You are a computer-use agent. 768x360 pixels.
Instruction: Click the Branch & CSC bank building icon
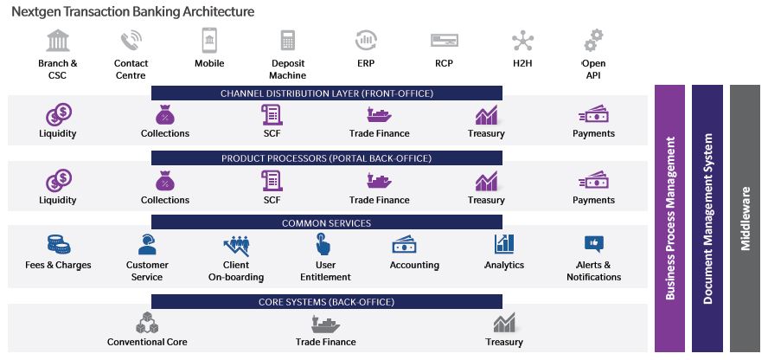(x=58, y=40)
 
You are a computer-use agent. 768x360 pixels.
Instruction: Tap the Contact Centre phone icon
(x=131, y=40)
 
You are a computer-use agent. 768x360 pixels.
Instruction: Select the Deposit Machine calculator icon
(x=288, y=40)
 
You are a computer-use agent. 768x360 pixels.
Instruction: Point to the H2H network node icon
(x=522, y=41)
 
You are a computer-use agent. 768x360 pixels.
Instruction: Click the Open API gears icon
(x=593, y=40)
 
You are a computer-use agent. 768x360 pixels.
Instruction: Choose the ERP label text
(x=366, y=63)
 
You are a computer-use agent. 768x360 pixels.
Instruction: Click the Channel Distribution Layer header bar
(x=327, y=93)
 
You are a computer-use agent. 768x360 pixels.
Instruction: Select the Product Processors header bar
(x=327, y=158)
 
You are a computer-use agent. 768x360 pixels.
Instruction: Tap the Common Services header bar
(x=327, y=223)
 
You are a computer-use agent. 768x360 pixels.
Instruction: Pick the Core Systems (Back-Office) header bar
(x=327, y=302)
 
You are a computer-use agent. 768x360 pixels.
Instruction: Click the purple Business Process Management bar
(x=669, y=218)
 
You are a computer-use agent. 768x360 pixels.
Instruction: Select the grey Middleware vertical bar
(x=745, y=218)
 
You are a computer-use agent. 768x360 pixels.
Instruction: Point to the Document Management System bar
(x=707, y=218)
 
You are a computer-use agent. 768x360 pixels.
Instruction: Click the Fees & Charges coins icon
(x=59, y=244)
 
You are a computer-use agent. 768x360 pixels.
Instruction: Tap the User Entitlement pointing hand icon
(x=323, y=244)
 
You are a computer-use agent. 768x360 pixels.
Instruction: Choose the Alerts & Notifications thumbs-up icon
(x=593, y=243)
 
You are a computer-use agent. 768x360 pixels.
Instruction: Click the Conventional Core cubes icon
(x=147, y=323)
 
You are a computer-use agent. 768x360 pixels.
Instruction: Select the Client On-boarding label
(x=236, y=271)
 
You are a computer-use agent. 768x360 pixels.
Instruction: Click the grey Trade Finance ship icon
(x=325, y=324)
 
